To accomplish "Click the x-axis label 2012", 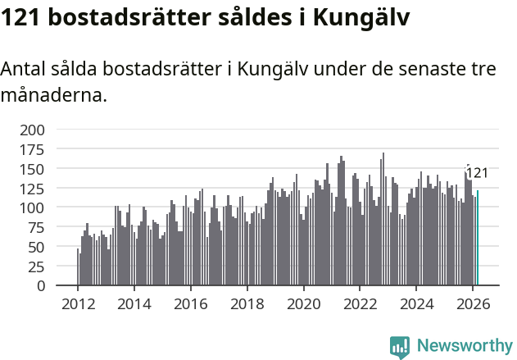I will [x=78, y=303].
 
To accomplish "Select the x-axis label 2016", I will [x=190, y=303].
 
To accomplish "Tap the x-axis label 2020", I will [x=303, y=303].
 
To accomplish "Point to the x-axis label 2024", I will [x=416, y=303].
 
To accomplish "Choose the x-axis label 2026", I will [x=473, y=303].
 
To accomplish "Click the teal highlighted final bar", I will [x=478, y=239].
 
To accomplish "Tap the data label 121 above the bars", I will [x=477, y=173].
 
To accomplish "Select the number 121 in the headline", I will [x=22, y=16].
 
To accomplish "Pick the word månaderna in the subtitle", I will [x=54, y=95].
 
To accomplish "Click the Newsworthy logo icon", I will [x=400, y=347].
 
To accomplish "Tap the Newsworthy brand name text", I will [x=464, y=347].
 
